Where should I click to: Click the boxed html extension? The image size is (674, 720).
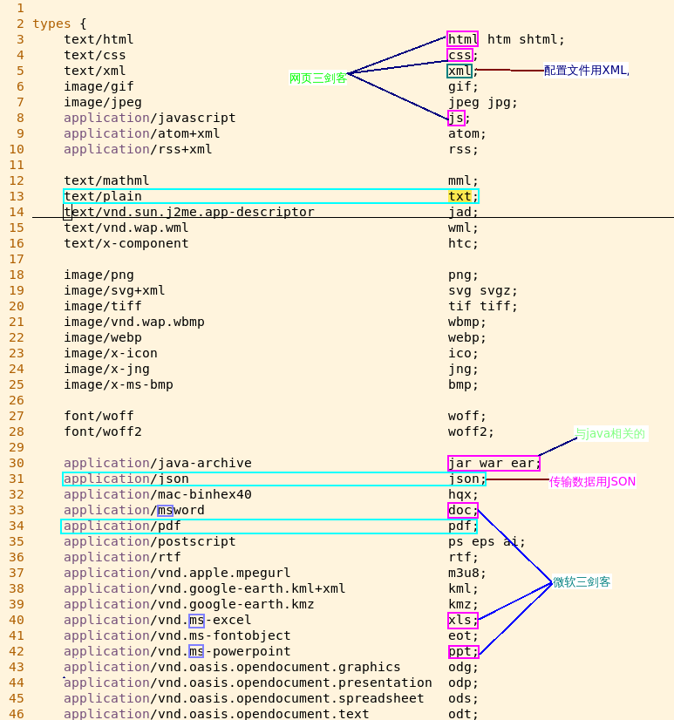462,39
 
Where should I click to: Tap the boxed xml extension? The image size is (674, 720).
460,71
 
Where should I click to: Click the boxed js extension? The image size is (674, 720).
456,118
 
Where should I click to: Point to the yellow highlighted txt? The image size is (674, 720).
460,196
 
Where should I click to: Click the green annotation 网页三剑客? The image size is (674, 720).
318,78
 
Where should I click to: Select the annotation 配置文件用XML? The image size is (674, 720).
586,71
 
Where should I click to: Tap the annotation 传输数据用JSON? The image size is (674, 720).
592,481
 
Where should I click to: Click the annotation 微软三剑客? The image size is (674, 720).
582,582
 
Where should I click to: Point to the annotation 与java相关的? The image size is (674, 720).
610,433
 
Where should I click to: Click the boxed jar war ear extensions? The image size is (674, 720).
494,463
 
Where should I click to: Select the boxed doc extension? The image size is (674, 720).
462,510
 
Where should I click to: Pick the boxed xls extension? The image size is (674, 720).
462,620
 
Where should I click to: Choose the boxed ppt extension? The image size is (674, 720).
462,651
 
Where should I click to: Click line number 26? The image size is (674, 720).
17,400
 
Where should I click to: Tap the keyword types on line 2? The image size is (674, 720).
51,24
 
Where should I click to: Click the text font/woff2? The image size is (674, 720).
103,431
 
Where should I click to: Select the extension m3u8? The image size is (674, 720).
464,573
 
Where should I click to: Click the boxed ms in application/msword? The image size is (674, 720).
165,510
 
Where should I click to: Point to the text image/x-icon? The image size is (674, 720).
111,353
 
